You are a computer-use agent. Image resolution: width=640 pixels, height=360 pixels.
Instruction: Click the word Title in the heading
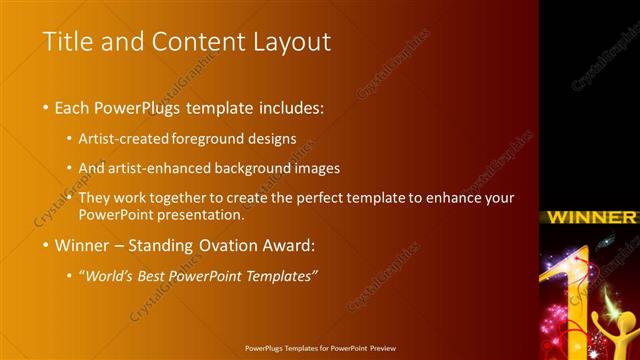tap(66, 42)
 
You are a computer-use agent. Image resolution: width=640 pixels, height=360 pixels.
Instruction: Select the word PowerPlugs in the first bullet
tap(141, 107)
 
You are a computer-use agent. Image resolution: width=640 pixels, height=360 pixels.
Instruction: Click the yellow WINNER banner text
tap(592, 217)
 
